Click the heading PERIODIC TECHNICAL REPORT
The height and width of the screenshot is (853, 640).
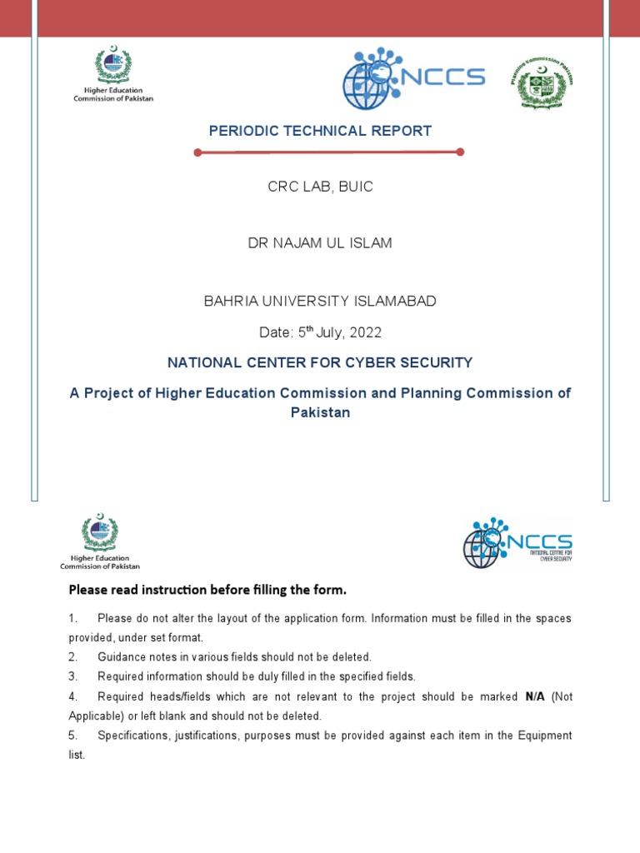click(x=320, y=131)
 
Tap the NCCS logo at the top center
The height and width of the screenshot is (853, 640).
click(x=413, y=77)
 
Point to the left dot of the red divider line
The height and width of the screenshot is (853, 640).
click(x=197, y=152)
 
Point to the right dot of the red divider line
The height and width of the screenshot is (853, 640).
click(x=460, y=152)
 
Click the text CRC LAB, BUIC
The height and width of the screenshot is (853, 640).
click(x=320, y=187)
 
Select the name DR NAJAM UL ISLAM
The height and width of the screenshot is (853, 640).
click(x=320, y=243)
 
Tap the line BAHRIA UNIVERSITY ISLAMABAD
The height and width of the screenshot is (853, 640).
click(x=320, y=301)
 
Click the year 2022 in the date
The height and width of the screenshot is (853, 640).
click(x=365, y=332)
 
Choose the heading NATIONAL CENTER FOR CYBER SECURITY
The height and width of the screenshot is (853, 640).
click(x=320, y=362)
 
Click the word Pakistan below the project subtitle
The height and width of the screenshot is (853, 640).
click(x=320, y=412)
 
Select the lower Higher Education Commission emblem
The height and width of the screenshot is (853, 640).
click(x=100, y=541)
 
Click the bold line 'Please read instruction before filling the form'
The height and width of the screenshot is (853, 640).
click(x=207, y=591)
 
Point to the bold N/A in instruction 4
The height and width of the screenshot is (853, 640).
click(x=535, y=696)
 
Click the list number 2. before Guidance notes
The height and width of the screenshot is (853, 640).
click(x=73, y=657)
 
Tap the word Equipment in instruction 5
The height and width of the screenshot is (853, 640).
click(x=542, y=736)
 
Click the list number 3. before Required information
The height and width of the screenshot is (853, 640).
click(x=73, y=676)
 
